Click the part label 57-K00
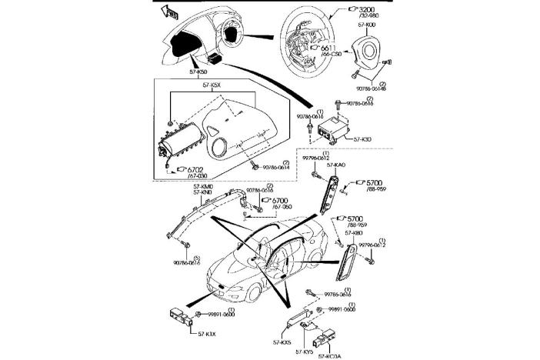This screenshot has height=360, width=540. tap(365, 25)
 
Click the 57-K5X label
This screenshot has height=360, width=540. tap(212, 86)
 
